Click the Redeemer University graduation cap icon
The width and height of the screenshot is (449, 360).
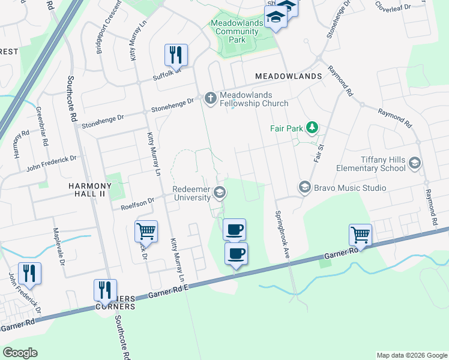(220, 192)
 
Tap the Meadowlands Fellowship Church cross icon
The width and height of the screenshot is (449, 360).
(210, 97)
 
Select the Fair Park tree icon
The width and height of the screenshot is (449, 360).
(312, 127)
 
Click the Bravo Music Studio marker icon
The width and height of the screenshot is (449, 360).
(304, 188)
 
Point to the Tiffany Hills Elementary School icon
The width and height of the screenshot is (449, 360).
(414, 163)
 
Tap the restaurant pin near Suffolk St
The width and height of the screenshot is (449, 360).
(176, 55)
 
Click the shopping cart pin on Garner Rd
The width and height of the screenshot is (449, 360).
(360, 234)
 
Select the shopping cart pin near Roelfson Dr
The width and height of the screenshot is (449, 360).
(146, 231)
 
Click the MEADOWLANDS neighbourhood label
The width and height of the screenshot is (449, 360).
(288, 76)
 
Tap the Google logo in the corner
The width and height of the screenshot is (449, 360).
(20, 353)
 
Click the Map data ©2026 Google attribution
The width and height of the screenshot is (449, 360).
(412, 355)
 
